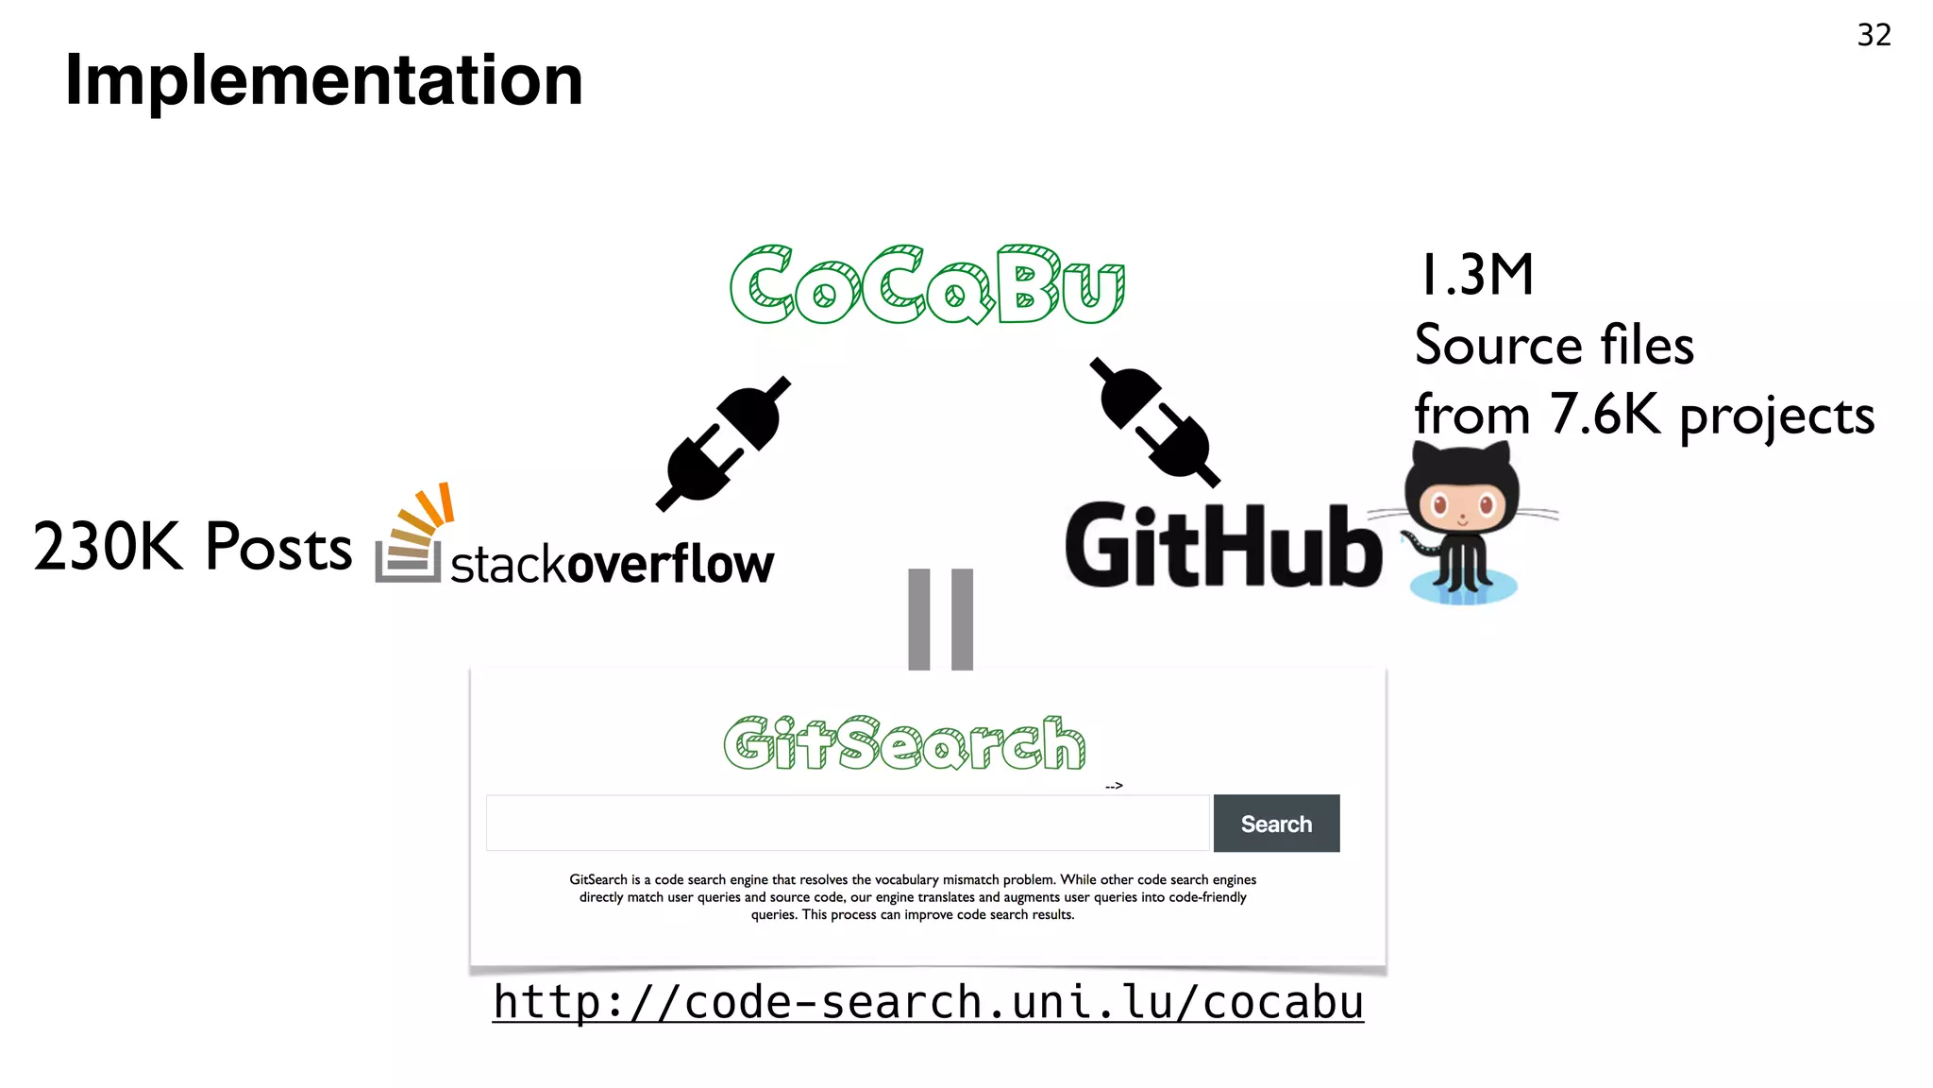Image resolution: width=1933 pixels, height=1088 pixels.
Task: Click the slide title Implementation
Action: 324,80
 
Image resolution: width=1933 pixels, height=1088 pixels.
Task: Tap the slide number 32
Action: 1874,35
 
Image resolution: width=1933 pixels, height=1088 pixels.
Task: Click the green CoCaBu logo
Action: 927,285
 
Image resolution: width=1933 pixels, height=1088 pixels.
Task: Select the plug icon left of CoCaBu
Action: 724,443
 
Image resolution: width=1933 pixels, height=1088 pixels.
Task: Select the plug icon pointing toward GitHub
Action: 1154,422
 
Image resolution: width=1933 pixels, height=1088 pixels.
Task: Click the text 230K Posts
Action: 193,547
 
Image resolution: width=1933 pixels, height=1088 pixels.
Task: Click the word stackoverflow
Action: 612,565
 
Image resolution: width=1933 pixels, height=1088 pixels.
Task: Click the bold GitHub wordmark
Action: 1222,546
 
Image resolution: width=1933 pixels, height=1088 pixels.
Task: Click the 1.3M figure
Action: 1476,276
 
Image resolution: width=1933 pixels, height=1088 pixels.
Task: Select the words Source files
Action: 1554,345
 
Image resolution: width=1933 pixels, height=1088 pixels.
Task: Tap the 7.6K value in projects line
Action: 1604,415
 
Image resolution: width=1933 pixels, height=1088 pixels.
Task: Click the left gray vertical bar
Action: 918,619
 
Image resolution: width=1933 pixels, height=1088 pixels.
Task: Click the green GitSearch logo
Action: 904,743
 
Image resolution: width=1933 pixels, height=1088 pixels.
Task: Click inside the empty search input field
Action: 847,824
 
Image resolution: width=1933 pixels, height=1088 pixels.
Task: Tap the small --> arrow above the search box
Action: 1114,786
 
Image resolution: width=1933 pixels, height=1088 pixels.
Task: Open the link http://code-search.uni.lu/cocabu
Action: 928,1003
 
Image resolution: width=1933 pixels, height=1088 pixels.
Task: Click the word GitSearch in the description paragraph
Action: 597,879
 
